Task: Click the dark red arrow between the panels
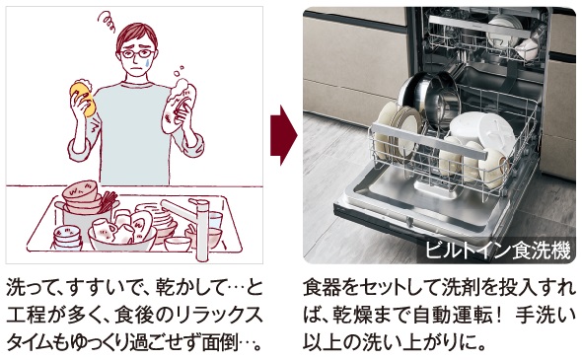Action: tap(284, 135)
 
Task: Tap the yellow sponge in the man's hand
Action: tap(83, 98)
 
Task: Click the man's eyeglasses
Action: tap(137, 54)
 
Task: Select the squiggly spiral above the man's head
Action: tap(107, 21)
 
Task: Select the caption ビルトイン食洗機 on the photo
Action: tap(497, 250)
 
